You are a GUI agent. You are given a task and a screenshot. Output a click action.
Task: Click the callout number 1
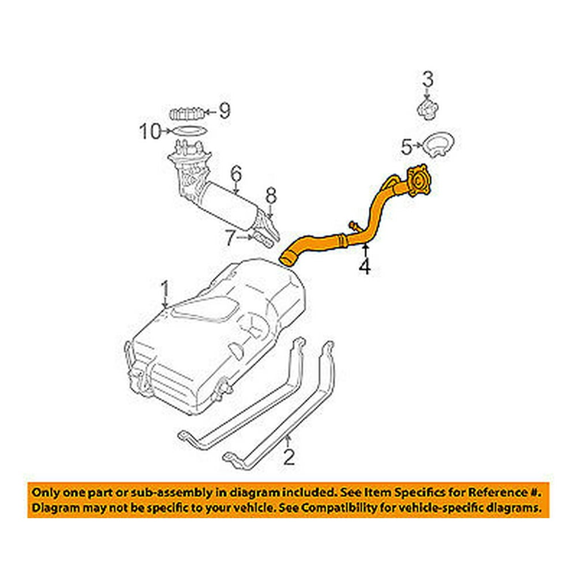[x=164, y=287]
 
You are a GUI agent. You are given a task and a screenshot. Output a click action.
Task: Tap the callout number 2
[x=289, y=458]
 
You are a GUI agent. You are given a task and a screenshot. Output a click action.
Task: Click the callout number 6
[x=235, y=174]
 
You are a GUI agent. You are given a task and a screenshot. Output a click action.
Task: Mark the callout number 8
[x=271, y=196]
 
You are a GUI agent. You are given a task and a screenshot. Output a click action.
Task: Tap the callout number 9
[x=223, y=110]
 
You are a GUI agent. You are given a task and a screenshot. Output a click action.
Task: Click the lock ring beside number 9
[x=188, y=113]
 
